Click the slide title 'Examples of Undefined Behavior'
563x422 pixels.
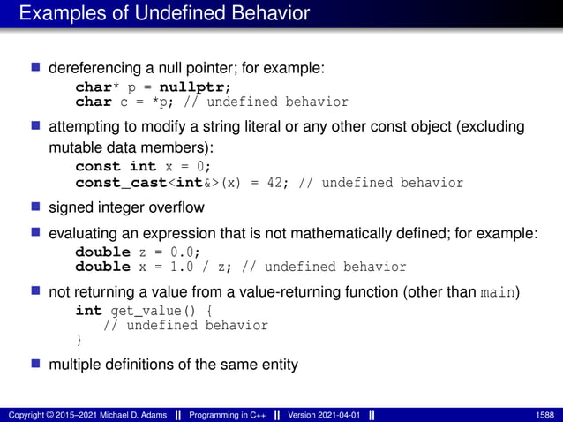click(x=164, y=14)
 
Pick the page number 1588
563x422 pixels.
click(x=544, y=414)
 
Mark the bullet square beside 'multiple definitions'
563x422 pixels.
click(x=37, y=365)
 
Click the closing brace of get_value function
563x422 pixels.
click(x=79, y=340)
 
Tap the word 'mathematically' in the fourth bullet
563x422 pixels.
click(x=334, y=234)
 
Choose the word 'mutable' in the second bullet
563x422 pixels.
click(x=73, y=147)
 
